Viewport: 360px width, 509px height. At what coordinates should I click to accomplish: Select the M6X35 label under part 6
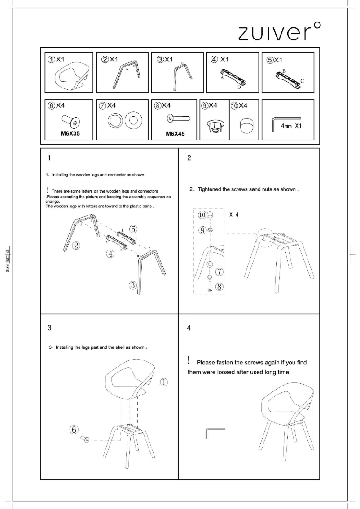70,133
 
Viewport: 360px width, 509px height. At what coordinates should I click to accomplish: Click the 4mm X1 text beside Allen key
291,126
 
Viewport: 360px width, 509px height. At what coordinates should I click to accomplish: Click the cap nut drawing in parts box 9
214,126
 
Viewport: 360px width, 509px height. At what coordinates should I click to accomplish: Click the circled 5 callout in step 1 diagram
133,229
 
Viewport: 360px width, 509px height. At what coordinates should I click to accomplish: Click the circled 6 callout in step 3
75,429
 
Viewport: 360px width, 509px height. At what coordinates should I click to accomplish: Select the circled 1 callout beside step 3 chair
164,382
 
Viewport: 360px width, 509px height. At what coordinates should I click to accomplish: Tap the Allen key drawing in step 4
214,433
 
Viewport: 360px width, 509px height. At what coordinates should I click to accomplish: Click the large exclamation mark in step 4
189,360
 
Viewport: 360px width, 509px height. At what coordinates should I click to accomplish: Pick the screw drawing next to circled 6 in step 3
84,439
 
